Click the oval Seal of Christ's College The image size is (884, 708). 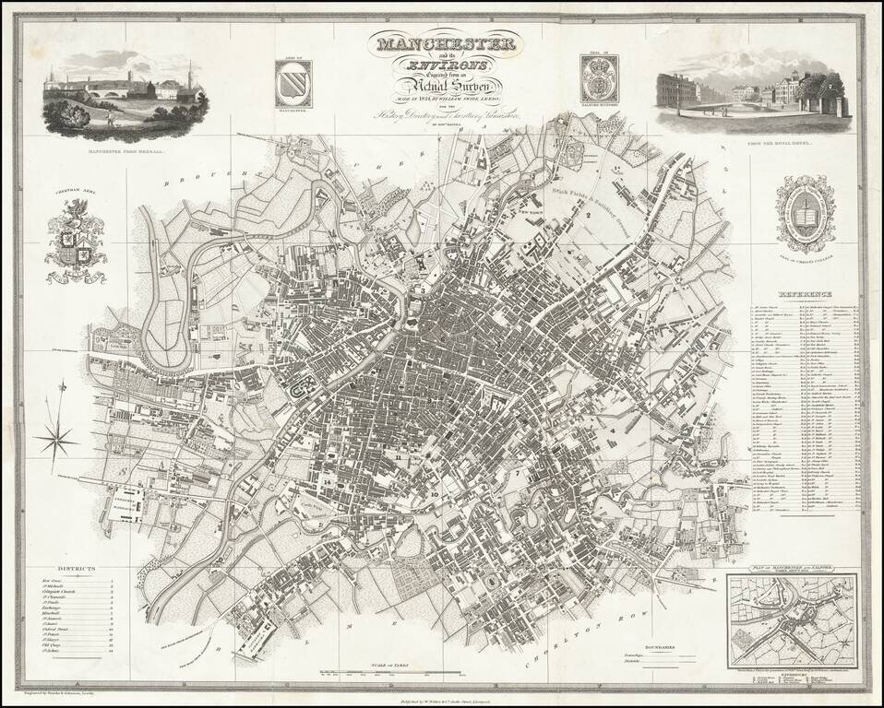tap(806, 214)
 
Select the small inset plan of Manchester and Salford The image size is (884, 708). tap(791, 618)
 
